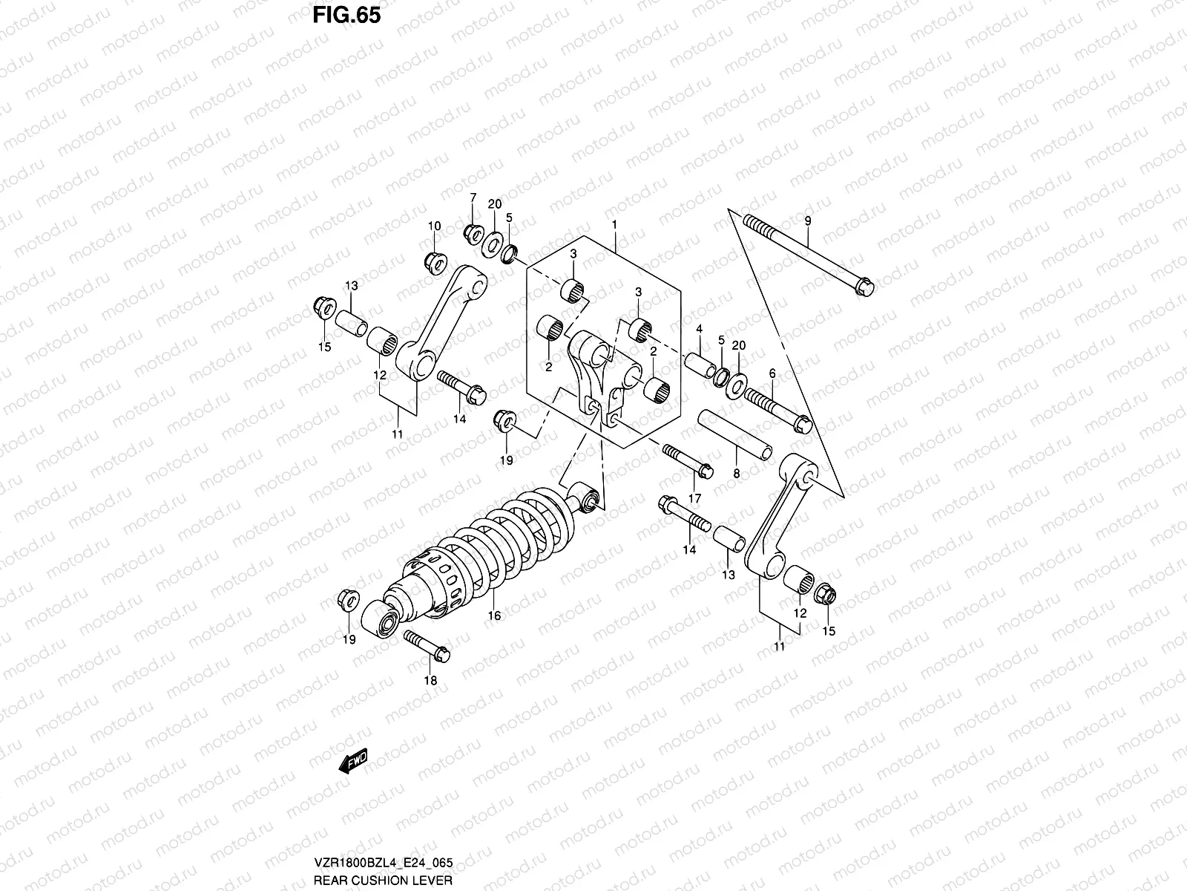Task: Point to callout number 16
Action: pos(494,616)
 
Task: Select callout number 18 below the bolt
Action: pos(430,680)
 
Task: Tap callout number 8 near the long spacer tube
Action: pos(736,472)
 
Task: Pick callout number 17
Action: pos(695,497)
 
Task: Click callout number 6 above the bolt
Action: pos(772,373)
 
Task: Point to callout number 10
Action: pos(434,226)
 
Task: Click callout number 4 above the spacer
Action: pos(699,328)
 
